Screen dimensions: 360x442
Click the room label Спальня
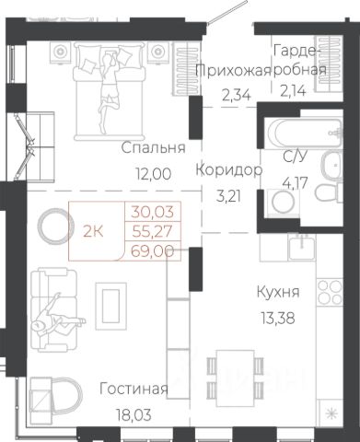[153, 148]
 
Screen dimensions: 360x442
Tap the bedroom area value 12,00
[154, 174]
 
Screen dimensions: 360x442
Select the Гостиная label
[134, 389]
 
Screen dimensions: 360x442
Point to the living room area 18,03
[134, 415]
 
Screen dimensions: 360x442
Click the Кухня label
[278, 292]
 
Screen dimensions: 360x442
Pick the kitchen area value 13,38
[278, 318]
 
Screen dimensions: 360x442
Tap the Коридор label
[229, 169]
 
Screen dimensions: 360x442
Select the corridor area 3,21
[228, 196]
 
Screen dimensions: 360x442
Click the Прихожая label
[233, 71]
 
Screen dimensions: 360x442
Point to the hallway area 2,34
[237, 95]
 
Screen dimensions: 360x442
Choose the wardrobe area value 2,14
[293, 90]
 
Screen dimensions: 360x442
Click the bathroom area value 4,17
[295, 184]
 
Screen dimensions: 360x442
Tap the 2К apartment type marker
[94, 231]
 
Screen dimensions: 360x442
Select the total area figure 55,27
[152, 231]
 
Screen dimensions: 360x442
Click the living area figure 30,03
[152, 212]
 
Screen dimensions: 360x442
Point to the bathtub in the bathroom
[305, 134]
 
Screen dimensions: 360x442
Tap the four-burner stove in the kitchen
[330, 292]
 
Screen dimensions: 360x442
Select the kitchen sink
[302, 248]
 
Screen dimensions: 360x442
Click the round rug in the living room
[55, 226]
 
